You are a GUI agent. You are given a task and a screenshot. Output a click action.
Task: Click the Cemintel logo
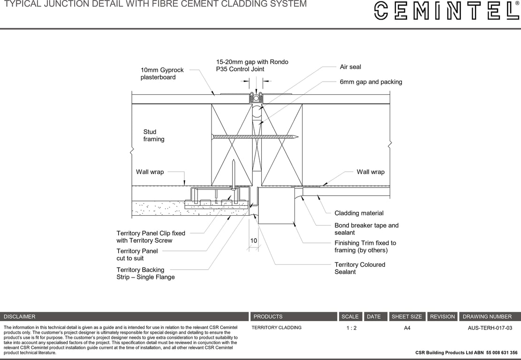point(446,10)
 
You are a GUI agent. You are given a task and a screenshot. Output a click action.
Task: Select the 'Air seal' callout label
point(350,67)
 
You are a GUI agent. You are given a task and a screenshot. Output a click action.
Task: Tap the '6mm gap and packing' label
point(370,82)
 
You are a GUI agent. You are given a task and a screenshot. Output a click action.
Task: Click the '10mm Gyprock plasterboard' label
point(162,74)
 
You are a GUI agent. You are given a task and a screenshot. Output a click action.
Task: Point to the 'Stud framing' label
point(153,135)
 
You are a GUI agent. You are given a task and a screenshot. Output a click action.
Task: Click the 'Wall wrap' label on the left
point(150,172)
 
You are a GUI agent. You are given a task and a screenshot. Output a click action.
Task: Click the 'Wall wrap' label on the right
point(370,172)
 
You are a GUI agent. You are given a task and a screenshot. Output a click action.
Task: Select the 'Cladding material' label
point(359,213)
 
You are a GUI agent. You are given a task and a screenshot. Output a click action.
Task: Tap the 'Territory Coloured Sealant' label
point(359,268)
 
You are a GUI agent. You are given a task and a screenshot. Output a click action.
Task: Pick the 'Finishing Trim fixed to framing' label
point(365,247)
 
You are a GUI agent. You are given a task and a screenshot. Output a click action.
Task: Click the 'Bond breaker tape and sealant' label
point(366,229)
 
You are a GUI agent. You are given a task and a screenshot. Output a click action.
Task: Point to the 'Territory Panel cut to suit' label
point(137,255)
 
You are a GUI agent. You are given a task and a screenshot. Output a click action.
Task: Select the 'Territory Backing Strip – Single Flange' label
point(145,273)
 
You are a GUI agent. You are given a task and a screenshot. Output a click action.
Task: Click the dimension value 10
point(254,241)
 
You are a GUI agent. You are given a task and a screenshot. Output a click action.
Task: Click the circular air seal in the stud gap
point(257,113)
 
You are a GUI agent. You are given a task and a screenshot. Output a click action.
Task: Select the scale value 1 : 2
point(351,328)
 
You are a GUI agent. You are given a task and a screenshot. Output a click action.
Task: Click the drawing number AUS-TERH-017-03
point(490,328)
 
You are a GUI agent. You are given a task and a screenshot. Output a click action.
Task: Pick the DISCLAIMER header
point(20,317)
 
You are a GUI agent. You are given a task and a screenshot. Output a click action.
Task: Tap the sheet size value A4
point(407,328)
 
